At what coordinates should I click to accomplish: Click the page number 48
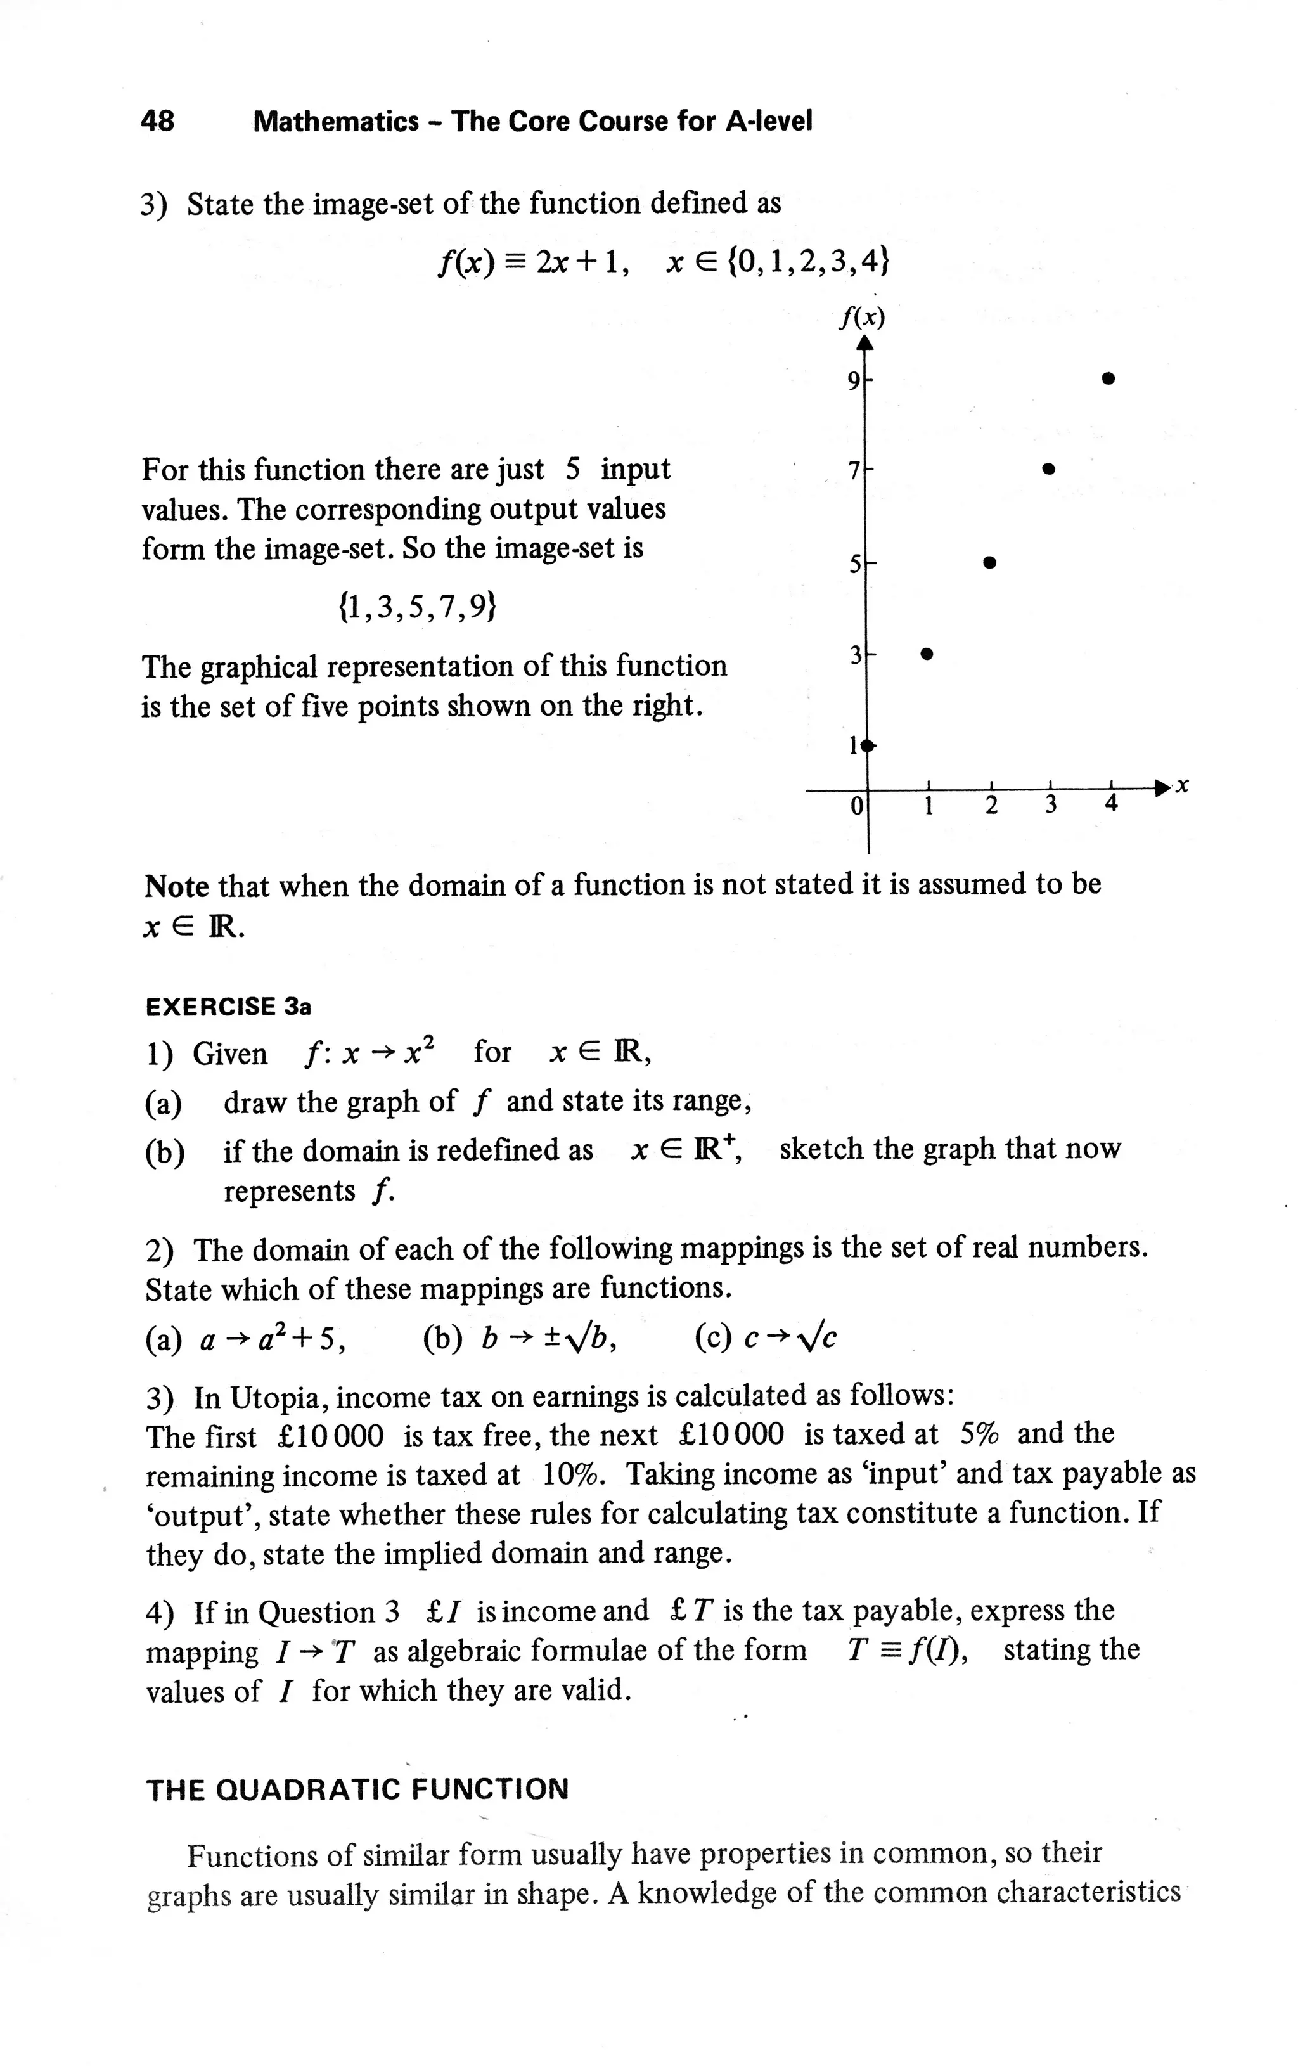[157, 121]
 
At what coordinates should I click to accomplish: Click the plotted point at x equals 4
[1108, 378]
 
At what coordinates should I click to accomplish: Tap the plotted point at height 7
[1048, 470]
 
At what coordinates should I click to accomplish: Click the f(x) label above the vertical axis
[862, 318]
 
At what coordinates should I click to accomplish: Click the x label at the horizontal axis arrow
[1183, 785]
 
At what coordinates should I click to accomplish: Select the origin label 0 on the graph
[855, 806]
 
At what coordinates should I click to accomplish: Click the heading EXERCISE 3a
[228, 1006]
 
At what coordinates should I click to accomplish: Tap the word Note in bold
[176, 885]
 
